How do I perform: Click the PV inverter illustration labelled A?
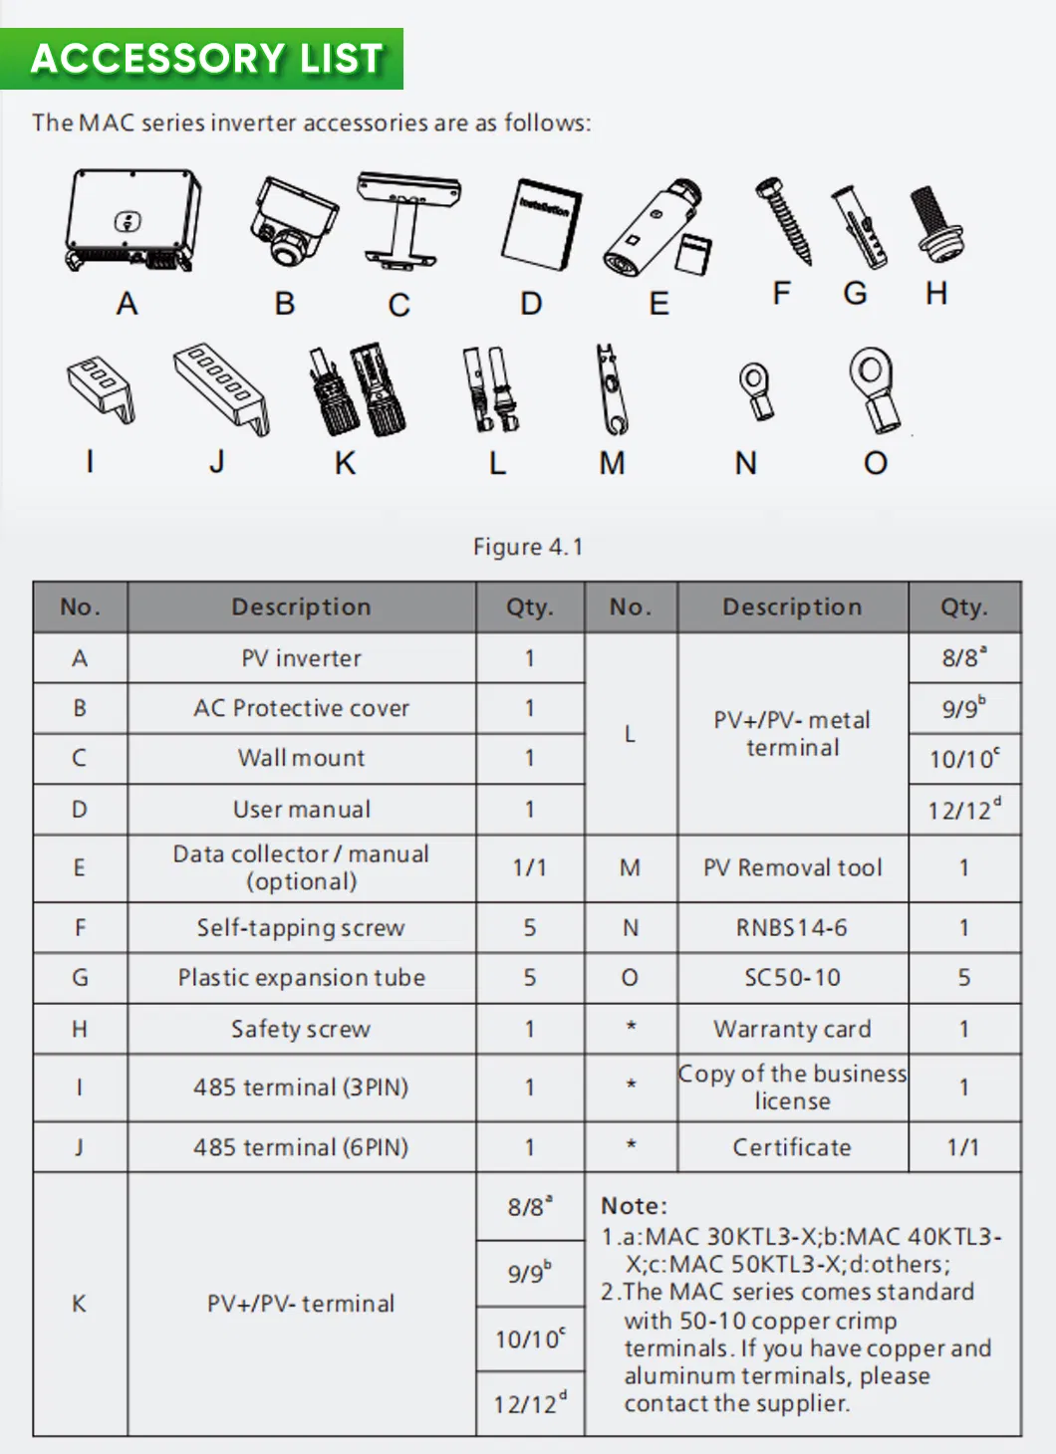132,221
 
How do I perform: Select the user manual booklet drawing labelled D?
542,225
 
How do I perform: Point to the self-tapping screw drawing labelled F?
784,220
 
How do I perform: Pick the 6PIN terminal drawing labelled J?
221,387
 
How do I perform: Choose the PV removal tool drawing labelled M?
610,389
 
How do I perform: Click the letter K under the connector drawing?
345,463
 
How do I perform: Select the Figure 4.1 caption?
528,547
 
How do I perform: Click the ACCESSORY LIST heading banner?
206,59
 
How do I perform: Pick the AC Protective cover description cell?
301,708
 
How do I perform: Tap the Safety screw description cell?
301,1029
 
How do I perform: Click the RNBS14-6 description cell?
792,928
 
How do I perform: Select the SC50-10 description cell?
792,978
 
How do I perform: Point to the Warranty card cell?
792,1029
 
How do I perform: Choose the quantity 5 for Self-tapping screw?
530,928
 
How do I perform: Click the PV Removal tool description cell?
792,868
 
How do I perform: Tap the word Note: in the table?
635,1206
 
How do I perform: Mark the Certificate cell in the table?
792,1147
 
